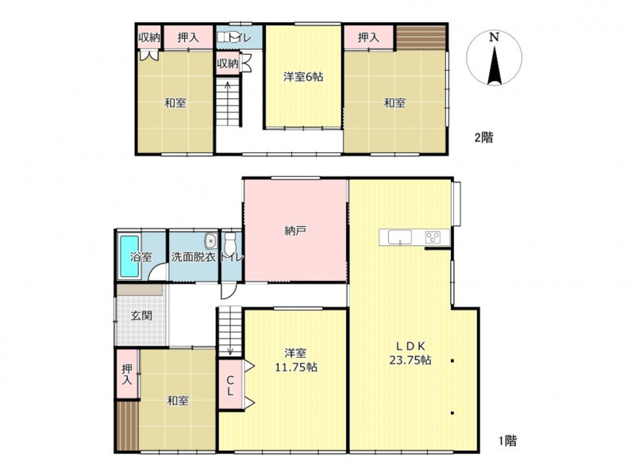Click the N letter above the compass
(x=494, y=37)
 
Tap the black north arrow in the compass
(x=494, y=66)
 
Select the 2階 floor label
(x=484, y=137)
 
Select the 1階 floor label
(x=507, y=440)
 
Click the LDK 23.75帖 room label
(x=410, y=353)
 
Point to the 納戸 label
(x=294, y=231)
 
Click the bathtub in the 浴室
(x=129, y=256)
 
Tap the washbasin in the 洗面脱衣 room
(x=210, y=241)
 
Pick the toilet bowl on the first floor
(x=230, y=243)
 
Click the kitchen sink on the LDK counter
(x=400, y=237)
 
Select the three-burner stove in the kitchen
(x=433, y=236)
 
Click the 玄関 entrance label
(x=141, y=315)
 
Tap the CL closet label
(x=230, y=386)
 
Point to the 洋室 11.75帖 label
(x=295, y=360)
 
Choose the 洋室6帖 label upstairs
(x=303, y=76)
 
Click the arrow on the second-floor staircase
(x=228, y=102)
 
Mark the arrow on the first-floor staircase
(x=230, y=331)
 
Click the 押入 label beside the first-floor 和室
(x=127, y=374)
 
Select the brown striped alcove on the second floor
(x=421, y=37)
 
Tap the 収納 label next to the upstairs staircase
(x=227, y=63)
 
